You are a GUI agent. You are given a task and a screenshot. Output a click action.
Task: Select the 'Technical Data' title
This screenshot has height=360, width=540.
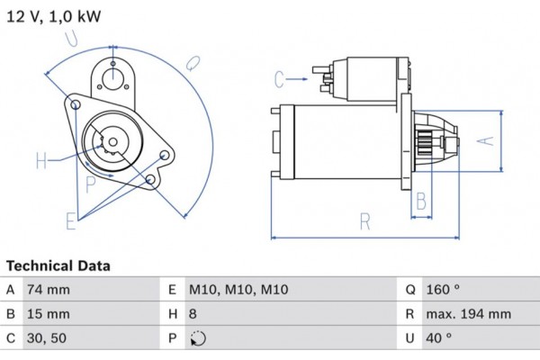58,266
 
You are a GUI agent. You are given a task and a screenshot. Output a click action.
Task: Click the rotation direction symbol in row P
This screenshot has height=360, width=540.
200,340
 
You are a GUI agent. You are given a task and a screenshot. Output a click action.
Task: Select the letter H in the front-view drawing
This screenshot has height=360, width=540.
40,162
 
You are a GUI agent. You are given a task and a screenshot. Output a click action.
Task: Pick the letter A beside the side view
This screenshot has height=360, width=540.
484,140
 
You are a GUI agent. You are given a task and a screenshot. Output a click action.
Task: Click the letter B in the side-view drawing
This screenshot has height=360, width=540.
419,200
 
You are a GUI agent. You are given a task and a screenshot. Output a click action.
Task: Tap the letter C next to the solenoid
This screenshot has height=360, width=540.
279,79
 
